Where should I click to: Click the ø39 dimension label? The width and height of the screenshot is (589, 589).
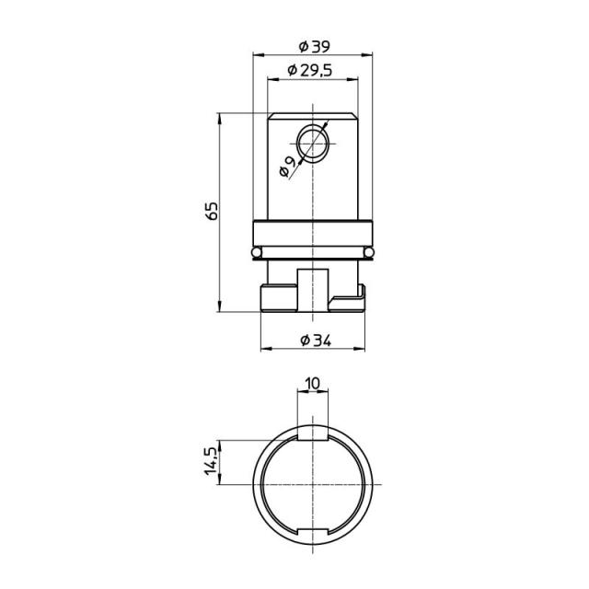(314, 47)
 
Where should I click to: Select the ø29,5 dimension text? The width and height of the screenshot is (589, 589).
(310, 70)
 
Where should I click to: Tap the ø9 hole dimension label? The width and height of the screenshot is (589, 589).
(287, 167)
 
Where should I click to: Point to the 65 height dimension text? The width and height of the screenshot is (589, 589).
(213, 211)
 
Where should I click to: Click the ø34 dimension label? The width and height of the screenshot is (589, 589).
(316, 341)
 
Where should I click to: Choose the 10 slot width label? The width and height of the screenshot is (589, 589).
(313, 384)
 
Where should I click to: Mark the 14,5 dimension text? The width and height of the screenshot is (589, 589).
(211, 461)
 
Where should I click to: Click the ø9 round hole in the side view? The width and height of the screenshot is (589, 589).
(313, 144)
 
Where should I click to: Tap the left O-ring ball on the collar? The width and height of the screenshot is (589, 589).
(257, 251)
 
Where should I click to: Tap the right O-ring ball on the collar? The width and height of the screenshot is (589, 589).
(369, 251)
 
